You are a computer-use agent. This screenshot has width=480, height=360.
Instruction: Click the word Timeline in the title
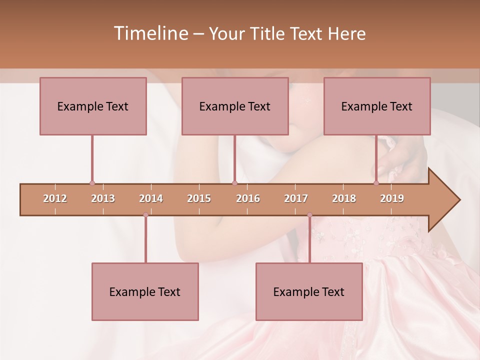coord(150,33)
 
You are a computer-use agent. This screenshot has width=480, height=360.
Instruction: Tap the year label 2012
coord(55,198)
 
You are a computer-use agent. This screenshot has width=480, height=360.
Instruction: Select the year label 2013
coord(103,198)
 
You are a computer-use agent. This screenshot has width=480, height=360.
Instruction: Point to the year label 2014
coord(151,198)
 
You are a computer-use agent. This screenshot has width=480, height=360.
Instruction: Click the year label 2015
coord(199,198)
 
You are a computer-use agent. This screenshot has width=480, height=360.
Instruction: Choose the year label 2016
coord(248,198)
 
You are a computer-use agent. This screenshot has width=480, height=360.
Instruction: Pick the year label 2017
coord(296,198)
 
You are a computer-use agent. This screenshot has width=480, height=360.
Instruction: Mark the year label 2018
coord(344,198)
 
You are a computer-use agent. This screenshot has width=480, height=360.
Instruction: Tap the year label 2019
coord(392,198)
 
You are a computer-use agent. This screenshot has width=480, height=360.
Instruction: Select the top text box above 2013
coord(93,106)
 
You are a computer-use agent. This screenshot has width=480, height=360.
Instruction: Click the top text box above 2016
coord(235,106)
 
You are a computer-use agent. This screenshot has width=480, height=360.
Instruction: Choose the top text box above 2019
coord(377,106)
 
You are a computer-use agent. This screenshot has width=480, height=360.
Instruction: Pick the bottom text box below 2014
coord(145,292)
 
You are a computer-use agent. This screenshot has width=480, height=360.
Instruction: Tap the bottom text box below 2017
coord(309,292)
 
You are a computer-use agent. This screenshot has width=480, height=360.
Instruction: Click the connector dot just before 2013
coord(92,183)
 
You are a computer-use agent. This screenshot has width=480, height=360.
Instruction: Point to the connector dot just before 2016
coord(234,183)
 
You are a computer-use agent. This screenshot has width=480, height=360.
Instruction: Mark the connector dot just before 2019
coord(376,183)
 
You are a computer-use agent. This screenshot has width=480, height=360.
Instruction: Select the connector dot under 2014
coord(145,215)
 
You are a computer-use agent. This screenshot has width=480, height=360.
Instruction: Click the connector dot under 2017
coord(309,215)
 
